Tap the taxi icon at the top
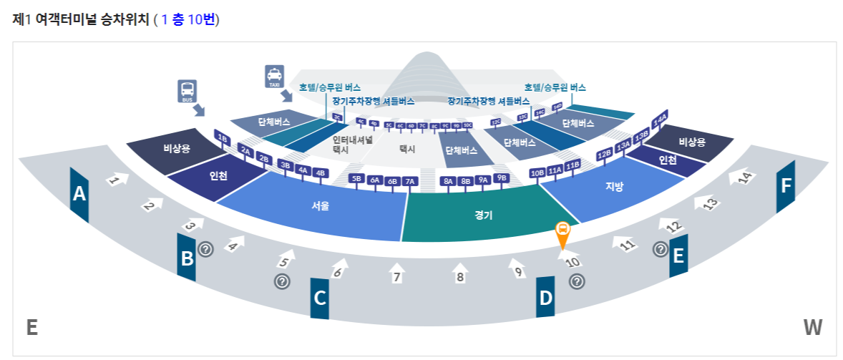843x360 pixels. [x=274, y=77]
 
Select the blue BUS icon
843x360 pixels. [x=187, y=92]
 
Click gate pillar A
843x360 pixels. [x=79, y=194]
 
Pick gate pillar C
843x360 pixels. [x=320, y=297]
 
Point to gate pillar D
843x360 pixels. [x=546, y=298]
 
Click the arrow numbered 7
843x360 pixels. [x=398, y=273]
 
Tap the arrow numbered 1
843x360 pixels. [x=117, y=179]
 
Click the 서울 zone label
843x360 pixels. [x=320, y=206]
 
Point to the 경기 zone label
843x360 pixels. [x=483, y=214]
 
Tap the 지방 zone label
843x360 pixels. [x=614, y=187]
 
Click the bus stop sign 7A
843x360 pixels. [x=410, y=181]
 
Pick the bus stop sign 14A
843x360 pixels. [x=660, y=118]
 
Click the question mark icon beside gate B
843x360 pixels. [x=206, y=249]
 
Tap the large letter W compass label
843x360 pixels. [x=812, y=328]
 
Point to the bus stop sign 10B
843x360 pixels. [x=537, y=173]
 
